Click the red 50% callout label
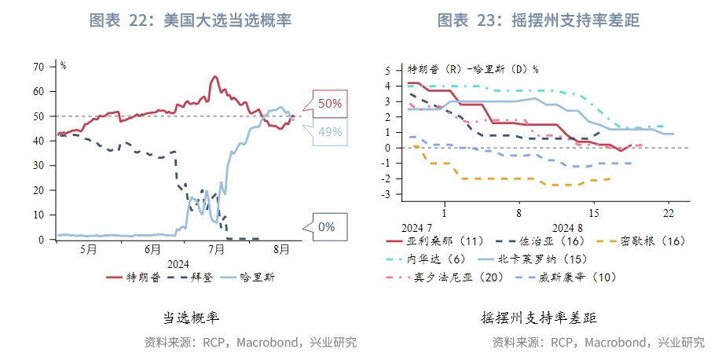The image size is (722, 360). [x=329, y=103]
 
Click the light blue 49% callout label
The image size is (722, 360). [x=329, y=132]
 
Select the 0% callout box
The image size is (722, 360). [x=326, y=227]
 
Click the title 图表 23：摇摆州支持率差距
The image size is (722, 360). [x=538, y=21]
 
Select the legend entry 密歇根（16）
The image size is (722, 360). [x=651, y=241]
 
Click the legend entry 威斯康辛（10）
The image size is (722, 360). [x=560, y=277]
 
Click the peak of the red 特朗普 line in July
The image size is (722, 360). [x=214, y=77]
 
